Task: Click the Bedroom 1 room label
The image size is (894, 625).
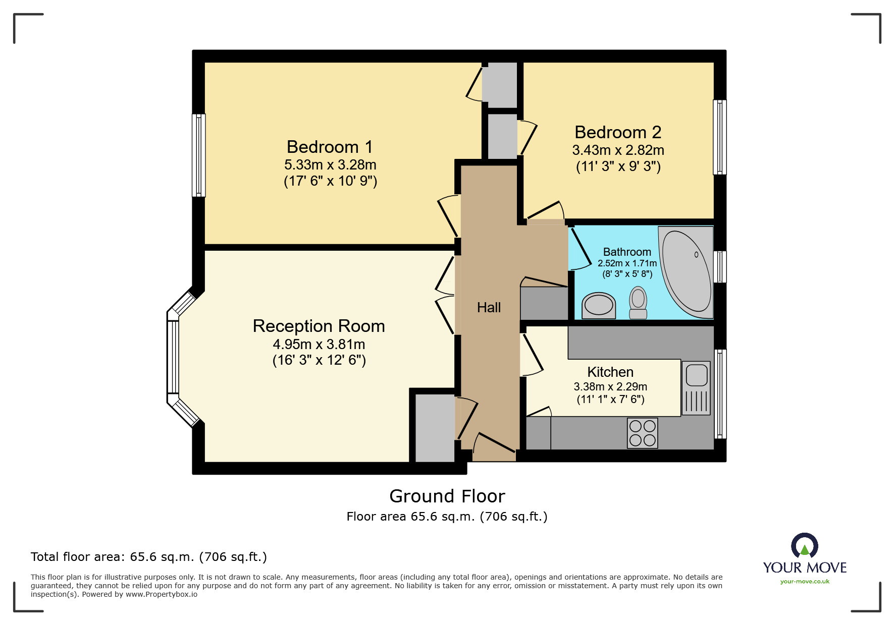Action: (x=330, y=147)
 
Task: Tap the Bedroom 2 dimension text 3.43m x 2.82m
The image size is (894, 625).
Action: (x=618, y=150)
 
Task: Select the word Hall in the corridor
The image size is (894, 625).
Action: (x=489, y=307)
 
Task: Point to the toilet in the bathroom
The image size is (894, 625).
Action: (x=638, y=302)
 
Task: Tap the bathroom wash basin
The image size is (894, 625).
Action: (x=599, y=305)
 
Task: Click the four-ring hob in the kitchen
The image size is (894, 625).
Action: (x=642, y=433)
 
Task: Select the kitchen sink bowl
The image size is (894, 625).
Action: (x=697, y=375)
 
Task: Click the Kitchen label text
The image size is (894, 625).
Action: (x=610, y=372)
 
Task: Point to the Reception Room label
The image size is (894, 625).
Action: (x=319, y=326)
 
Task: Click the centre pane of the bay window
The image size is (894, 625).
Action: (x=173, y=357)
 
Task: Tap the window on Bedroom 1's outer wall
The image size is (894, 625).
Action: (x=199, y=155)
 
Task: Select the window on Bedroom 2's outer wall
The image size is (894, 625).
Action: (x=719, y=137)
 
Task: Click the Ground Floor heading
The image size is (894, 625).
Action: (x=447, y=496)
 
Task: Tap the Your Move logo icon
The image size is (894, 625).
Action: (x=804, y=546)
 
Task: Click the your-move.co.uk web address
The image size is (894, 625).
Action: (x=805, y=582)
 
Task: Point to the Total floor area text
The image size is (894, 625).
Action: (x=148, y=557)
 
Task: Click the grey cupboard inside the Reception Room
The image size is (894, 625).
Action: (x=434, y=428)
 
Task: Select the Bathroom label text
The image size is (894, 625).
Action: (x=627, y=252)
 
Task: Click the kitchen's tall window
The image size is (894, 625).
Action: (x=720, y=393)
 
